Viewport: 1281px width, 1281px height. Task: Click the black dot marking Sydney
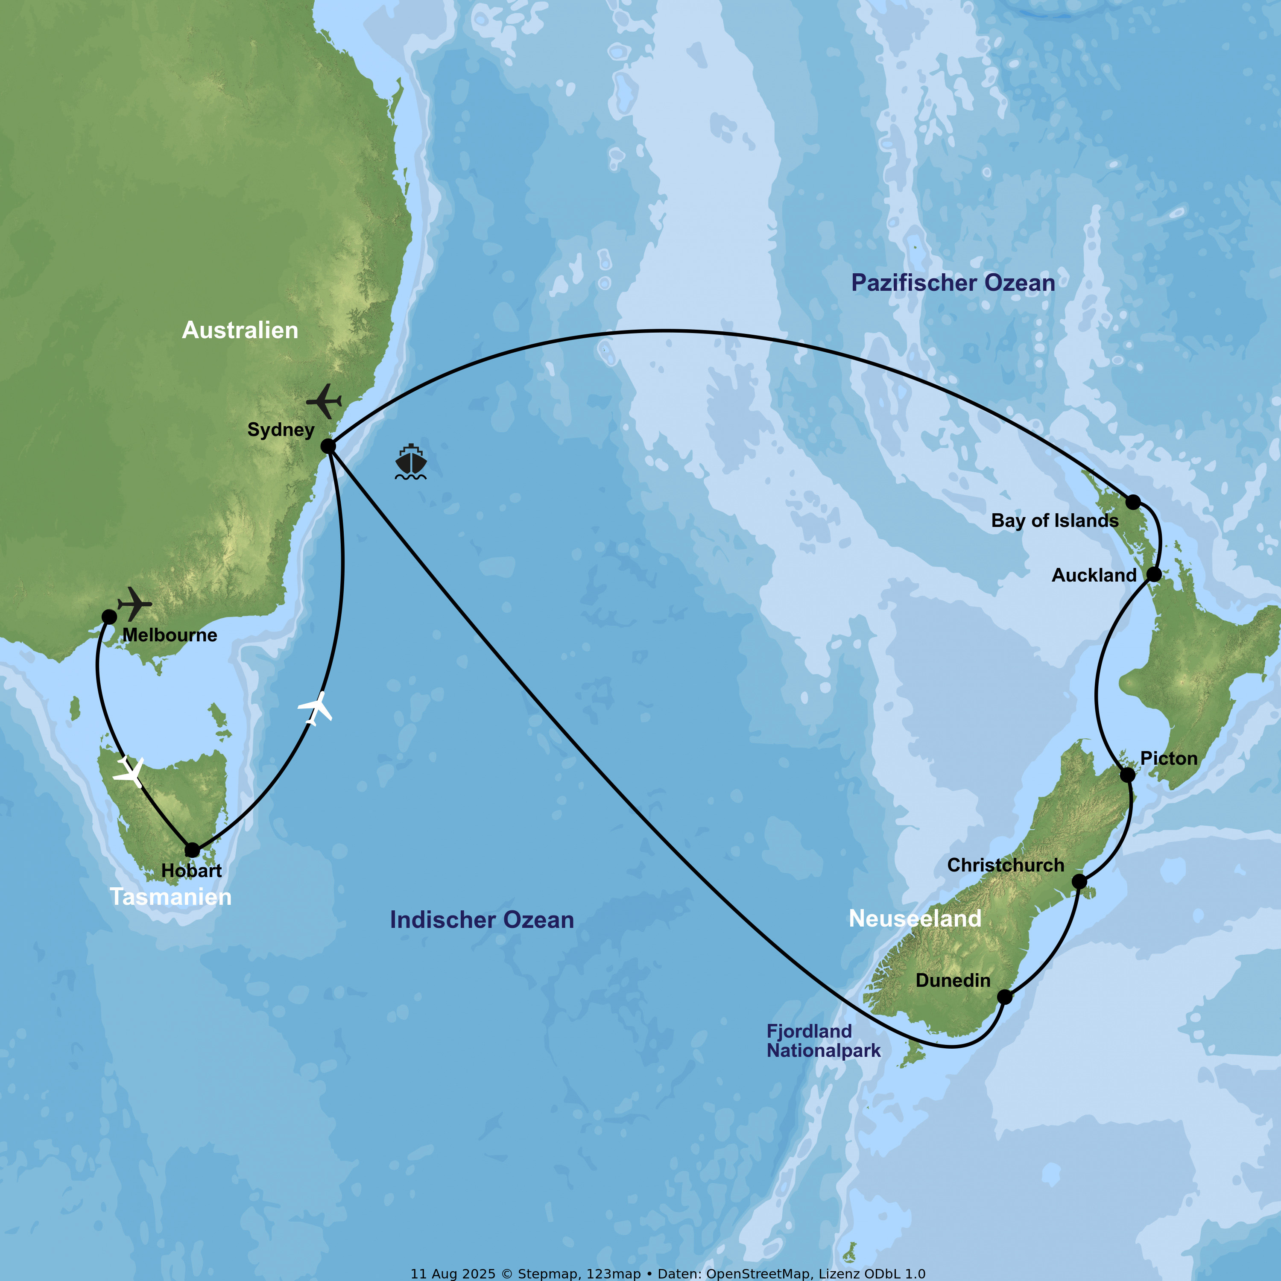point(328,446)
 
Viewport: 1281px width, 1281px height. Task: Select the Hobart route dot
point(192,850)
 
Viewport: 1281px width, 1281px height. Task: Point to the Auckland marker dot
point(1154,574)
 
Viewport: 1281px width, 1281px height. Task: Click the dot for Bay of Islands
point(1133,502)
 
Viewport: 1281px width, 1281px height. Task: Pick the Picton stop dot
point(1127,775)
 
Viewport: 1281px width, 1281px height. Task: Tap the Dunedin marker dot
point(1004,997)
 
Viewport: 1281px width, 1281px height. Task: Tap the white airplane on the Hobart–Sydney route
point(316,708)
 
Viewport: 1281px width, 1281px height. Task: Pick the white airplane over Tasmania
point(130,772)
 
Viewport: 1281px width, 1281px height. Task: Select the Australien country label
point(240,330)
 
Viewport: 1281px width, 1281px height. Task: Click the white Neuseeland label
point(915,918)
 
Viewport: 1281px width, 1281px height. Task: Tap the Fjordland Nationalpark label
point(823,1040)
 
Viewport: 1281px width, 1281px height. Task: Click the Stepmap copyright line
point(668,1273)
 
